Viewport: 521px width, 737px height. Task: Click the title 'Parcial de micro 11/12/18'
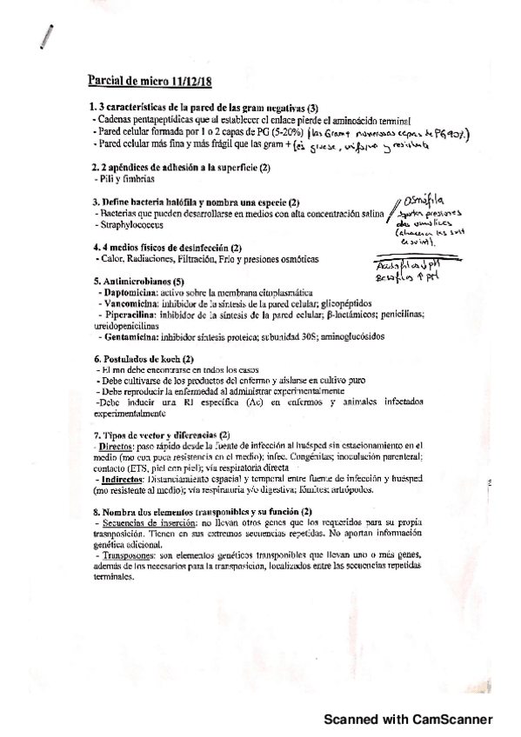tap(150, 83)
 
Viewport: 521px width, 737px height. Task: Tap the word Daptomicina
tap(128, 295)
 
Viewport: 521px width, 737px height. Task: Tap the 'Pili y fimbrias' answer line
tap(118, 177)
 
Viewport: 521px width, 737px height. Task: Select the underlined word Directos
tap(117, 444)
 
